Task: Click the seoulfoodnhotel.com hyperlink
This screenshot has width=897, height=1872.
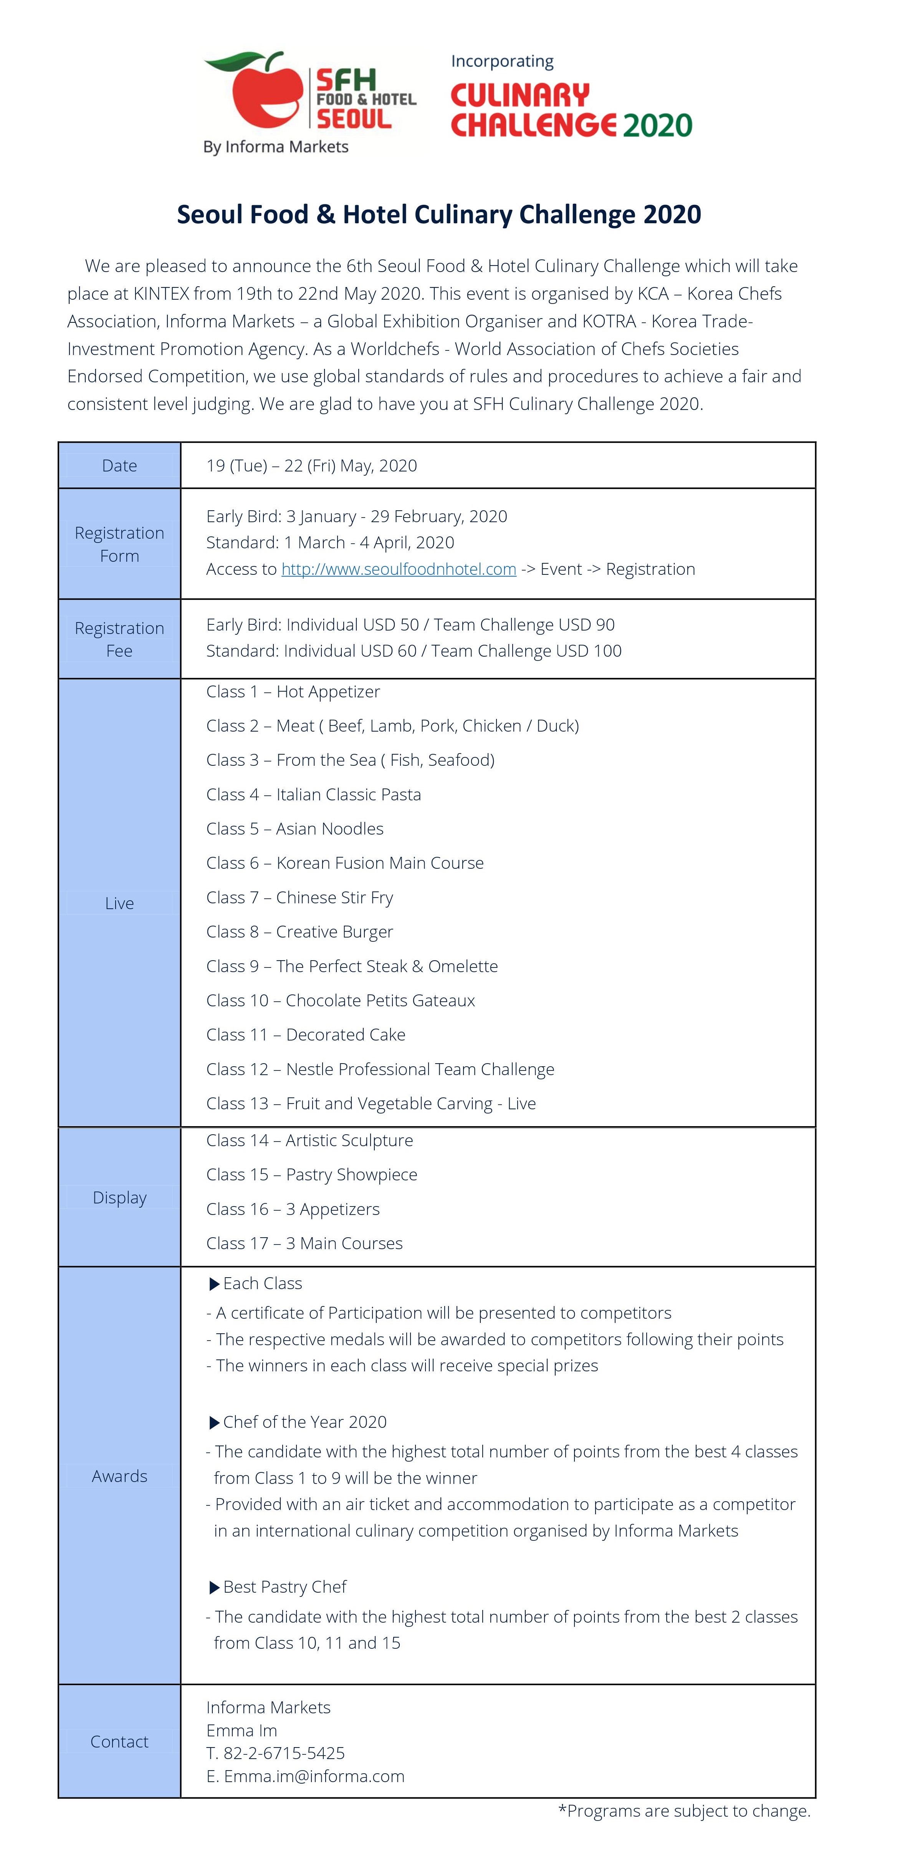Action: (399, 569)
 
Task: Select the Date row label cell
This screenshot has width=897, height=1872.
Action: (119, 466)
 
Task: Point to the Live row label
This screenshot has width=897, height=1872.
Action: (119, 903)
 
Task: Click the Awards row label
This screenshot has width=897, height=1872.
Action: (119, 1476)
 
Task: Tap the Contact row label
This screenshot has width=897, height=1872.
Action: (119, 1741)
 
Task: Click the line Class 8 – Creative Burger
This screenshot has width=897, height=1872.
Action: (299, 932)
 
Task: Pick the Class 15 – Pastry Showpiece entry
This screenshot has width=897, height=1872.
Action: (311, 1174)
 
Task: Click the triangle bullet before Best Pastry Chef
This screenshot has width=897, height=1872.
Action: (214, 1588)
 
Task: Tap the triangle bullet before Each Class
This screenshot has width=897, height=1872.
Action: (214, 1284)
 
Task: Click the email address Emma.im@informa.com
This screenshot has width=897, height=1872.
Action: (314, 1776)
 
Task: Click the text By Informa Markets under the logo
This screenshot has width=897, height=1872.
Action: (276, 147)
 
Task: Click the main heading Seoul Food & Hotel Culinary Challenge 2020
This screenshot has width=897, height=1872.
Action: (439, 214)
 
